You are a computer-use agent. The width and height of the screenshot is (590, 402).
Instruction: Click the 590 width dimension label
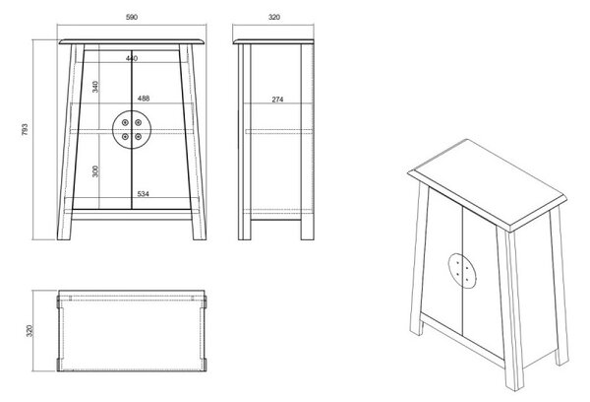click(132, 17)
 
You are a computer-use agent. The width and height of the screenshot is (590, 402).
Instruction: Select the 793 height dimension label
click(25, 129)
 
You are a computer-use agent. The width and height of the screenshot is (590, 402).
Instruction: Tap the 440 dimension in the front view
click(132, 58)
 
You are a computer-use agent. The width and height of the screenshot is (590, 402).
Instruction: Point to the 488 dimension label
click(144, 99)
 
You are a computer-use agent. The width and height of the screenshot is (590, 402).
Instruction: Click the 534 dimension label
click(144, 194)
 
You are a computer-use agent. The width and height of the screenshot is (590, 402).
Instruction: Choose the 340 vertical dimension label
click(95, 87)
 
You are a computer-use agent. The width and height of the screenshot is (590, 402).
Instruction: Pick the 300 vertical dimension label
click(95, 171)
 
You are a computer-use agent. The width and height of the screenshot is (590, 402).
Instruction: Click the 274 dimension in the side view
click(277, 100)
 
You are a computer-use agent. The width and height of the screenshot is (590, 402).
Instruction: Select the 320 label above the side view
click(274, 17)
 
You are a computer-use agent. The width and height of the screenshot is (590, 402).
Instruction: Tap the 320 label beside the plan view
click(30, 331)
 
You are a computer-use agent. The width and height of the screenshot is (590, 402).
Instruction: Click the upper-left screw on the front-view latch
click(125, 122)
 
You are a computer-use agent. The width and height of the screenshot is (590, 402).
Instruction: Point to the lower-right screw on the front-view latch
click(138, 136)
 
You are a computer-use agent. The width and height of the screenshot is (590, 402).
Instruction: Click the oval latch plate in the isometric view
click(461, 271)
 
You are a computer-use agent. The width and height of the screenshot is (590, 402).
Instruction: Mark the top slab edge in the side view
click(273, 41)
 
